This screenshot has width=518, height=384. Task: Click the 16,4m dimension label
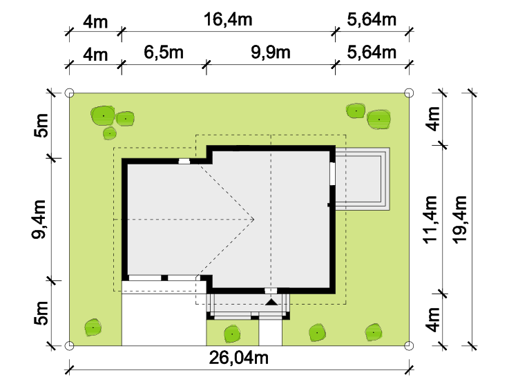(x=228, y=19)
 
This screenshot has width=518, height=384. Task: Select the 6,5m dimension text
(x=164, y=52)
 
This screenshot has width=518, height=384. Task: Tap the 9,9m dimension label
(x=271, y=52)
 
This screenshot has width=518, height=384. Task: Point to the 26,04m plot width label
(x=238, y=358)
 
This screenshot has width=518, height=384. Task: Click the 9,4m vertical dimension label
(x=39, y=219)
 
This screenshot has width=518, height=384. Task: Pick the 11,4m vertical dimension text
(x=430, y=220)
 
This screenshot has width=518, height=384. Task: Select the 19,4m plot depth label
(x=459, y=220)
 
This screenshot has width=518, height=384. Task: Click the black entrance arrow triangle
(x=271, y=302)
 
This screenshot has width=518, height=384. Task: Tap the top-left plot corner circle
(x=69, y=93)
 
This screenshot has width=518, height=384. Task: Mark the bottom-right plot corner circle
(x=409, y=345)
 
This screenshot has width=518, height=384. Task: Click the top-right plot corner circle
(x=409, y=93)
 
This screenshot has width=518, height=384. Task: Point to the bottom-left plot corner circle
(x=69, y=345)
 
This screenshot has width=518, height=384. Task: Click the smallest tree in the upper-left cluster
(x=110, y=133)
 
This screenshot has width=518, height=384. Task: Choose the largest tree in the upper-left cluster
(x=103, y=115)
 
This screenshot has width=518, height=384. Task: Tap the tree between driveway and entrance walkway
(x=232, y=334)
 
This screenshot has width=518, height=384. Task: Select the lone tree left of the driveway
(x=93, y=327)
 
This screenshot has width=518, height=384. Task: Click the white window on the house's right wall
(x=332, y=173)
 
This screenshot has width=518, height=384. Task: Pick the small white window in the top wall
(x=184, y=162)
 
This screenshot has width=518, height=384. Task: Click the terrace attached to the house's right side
(x=363, y=179)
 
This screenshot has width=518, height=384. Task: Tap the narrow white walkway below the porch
(x=270, y=332)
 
